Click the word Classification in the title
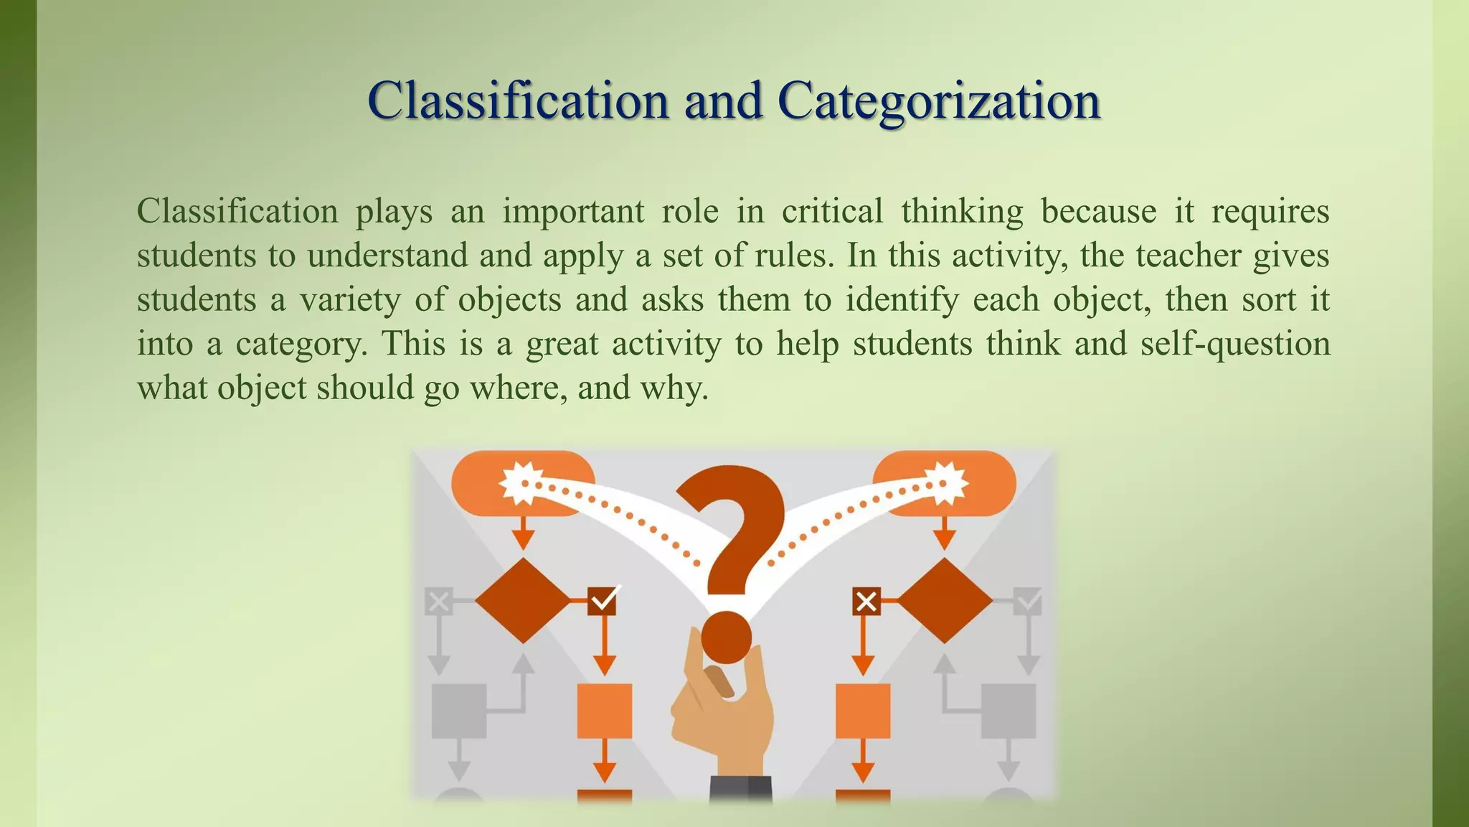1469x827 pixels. [518, 101]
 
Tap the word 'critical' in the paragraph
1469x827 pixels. [832, 211]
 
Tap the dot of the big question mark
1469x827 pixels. [726, 637]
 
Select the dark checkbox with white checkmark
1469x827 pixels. [603, 600]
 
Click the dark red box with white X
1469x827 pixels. [866, 601]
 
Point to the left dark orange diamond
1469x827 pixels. [523, 600]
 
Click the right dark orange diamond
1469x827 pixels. [945, 600]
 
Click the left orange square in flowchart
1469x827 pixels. [605, 711]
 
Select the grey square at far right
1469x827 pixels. [1008, 711]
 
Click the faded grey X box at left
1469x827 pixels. [438, 601]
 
